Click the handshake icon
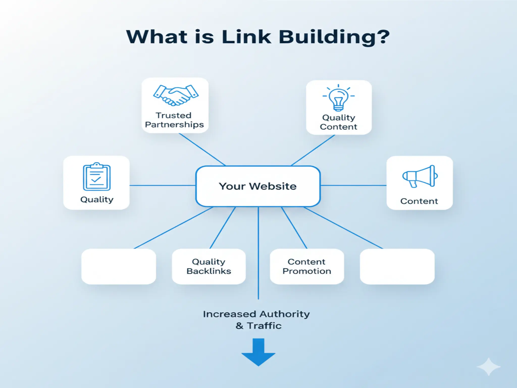point(176,95)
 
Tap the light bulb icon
point(338,98)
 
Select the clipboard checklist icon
point(97,177)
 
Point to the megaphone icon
point(420,176)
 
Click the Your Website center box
point(258,186)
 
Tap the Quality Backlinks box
point(209,266)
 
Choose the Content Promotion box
point(307,266)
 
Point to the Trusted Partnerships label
point(174,120)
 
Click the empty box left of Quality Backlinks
point(119,266)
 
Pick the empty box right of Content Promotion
point(397,266)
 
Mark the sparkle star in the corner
point(488,367)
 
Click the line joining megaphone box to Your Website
point(353,185)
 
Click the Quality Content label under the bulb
point(339,122)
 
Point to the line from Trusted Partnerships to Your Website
point(202,149)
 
